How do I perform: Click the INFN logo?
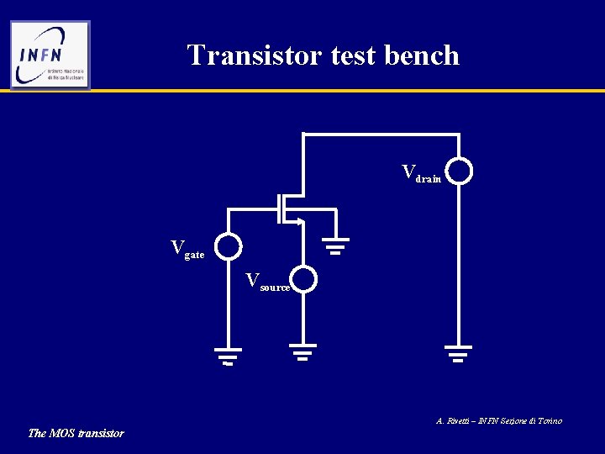pyautogui.click(x=50, y=55)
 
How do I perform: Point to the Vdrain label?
pyautogui.click(x=421, y=173)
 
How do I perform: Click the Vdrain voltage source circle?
pyautogui.click(x=459, y=172)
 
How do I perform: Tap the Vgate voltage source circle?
pyautogui.click(x=227, y=246)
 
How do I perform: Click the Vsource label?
pyautogui.click(x=268, y=282)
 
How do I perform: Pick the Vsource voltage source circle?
pyautogui.click(x=303, y=279)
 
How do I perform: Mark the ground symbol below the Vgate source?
pyautogui.click(x=227, y=356)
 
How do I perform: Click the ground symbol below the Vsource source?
pyautogui.click(x=303, y=351)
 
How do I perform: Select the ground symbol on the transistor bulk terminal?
pyautogui.click(x=337, y=245)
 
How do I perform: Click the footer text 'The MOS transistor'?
pyautogui.click(x=76, y=433)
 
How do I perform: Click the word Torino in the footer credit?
pyautogui.click(x=547, y=420)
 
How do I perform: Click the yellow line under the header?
pyautogui.click(x=336, y=91)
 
